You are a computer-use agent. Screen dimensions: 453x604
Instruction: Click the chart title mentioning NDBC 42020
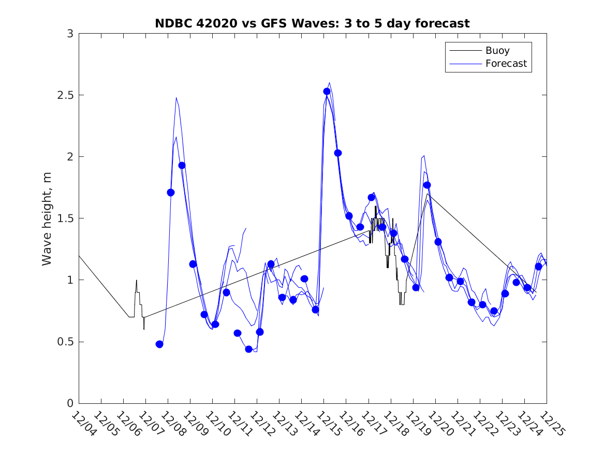click(x=312, y=23)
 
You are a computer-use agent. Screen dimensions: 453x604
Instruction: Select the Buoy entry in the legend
click(x=497, y=51)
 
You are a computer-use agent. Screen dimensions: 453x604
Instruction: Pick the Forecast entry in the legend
click(x=506, y=64)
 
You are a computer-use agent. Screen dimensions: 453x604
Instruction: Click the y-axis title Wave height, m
click(x=47, y=218)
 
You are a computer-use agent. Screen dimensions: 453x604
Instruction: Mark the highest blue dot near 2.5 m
click(x=327, y=92)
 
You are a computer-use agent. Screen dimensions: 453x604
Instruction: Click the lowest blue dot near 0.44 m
click(x=248, y=349)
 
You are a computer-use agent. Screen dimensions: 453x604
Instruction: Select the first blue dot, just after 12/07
click(x=159, y=344)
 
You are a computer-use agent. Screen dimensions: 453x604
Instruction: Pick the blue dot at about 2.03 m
click(x=338, y=153)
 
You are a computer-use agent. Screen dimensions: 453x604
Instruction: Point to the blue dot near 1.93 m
click(x=182, y=166)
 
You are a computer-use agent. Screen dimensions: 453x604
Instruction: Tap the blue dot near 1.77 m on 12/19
click(x=427, y=185)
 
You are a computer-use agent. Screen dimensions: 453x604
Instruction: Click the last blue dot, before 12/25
click(x=538, y=267)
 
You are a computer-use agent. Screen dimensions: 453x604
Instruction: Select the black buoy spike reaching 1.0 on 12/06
click(x=137, y=281)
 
